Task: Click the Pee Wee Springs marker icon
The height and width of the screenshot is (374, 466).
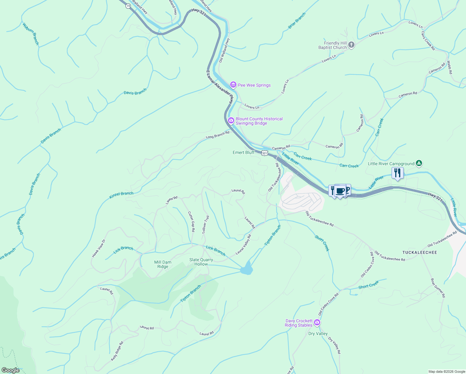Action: point(233,85)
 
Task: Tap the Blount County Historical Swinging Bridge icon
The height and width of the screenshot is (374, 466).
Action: point(231,121)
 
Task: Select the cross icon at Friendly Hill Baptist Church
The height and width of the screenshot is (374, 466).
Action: point(351,45)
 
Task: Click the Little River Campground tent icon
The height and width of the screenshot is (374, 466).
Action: point(419,163)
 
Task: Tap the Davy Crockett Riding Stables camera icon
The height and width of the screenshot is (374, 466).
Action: point(317,323)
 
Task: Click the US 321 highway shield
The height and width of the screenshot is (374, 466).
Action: point(264,153)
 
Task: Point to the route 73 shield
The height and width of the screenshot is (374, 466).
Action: point(128,6)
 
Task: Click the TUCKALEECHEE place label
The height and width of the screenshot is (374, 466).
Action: point(420,252)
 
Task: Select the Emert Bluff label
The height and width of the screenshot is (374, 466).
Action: point(244,152)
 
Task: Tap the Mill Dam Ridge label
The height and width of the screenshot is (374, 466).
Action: point(163,264)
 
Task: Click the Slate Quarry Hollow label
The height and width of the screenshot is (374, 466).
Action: point(201,262)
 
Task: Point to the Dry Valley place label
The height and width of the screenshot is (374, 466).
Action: point(318,333)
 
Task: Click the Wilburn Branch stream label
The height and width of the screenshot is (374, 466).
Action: point(31,34)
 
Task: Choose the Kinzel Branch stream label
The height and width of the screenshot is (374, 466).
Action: point(121,195)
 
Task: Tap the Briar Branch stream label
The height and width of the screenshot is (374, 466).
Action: point(297,21)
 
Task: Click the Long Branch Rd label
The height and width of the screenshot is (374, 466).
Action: point(217,135)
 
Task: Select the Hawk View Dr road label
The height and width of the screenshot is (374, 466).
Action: point(99,248)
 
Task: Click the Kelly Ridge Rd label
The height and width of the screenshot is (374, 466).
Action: point(117,351)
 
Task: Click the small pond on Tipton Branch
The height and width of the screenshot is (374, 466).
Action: point(247,268)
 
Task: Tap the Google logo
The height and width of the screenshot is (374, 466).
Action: point(10,370)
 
